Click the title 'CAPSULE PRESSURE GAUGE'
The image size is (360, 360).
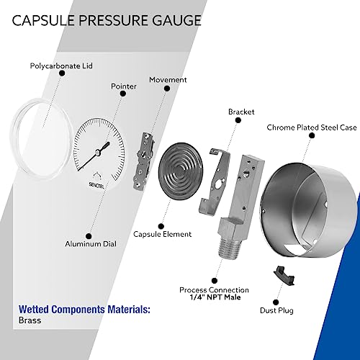[x=107, y=19]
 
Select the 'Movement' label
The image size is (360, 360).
[x=168, y=79]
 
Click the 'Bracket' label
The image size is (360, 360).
[x=241, y=112]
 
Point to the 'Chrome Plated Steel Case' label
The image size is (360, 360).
[x=311, y=127]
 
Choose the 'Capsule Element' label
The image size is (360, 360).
[x=162, y=234]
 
